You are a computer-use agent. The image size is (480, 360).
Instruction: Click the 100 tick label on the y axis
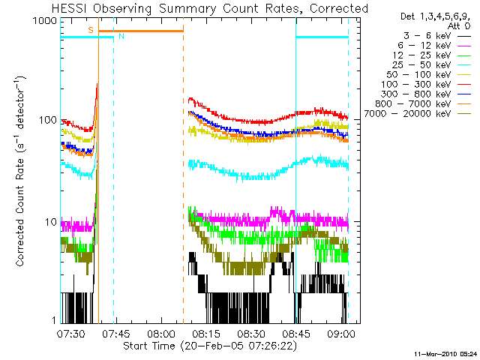(48, 120)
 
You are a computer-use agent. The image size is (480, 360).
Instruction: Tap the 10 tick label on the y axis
(51, 223)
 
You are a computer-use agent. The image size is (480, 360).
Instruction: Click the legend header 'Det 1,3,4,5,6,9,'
(432, 15)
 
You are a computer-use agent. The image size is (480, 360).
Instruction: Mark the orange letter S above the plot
(91, 30)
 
